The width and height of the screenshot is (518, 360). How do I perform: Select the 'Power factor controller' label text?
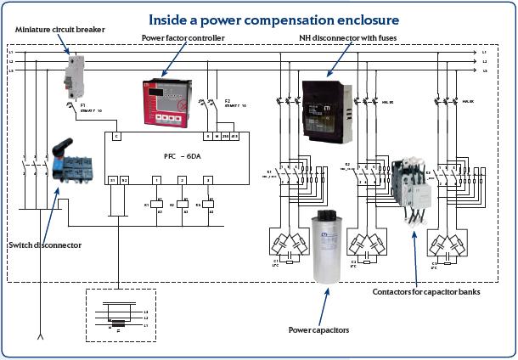[183, 37]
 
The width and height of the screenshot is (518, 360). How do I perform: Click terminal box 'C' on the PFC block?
[116, 136]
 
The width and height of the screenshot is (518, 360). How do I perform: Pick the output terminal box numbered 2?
[182, 180]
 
